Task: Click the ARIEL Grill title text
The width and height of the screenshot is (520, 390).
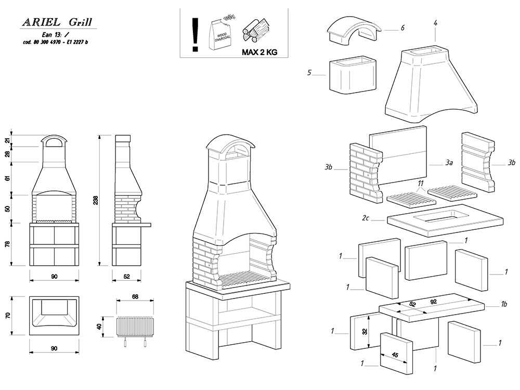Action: click(x=57, y=22)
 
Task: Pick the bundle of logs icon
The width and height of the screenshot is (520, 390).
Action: click(x=256, y=30)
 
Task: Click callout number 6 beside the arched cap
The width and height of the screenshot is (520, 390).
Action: click(x=402, y=28)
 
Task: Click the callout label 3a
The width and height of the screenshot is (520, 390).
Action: click(x=449, y=163)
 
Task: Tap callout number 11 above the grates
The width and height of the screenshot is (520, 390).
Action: click(x=421, y=184)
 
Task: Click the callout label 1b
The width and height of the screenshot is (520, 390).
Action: click(x=503, y=304)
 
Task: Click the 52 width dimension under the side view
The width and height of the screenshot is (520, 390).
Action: click(x=126, y=277)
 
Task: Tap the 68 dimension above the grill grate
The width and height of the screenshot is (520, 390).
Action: click(x=135, y=297)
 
